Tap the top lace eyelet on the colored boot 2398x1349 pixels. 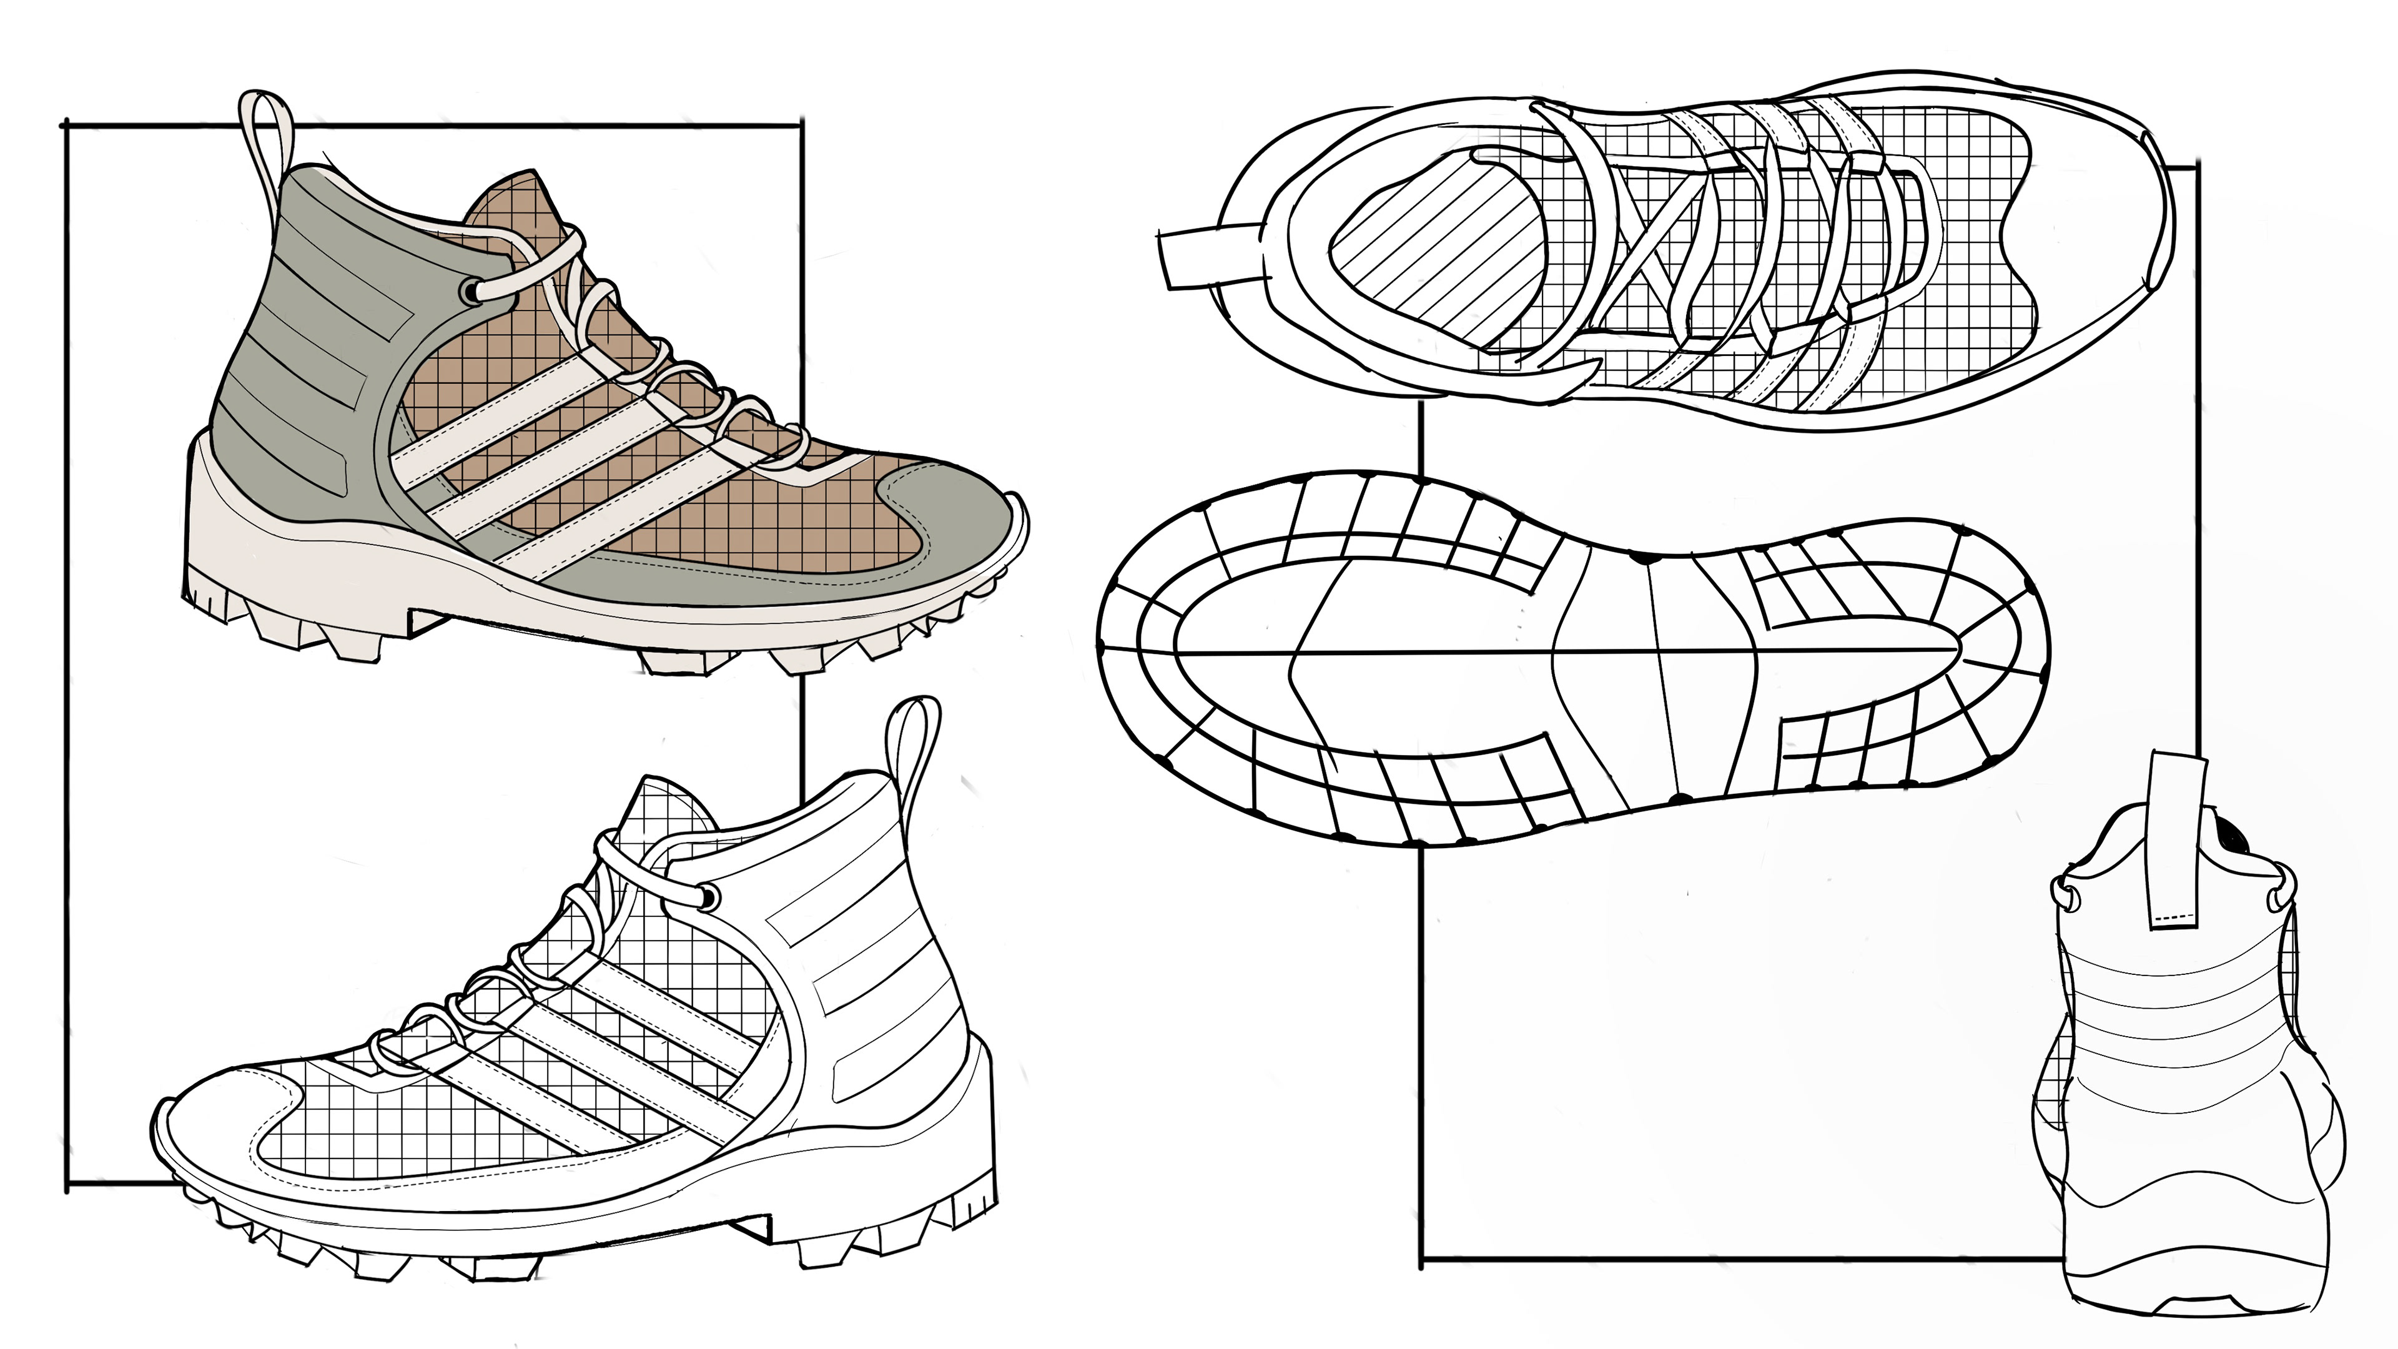471,292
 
